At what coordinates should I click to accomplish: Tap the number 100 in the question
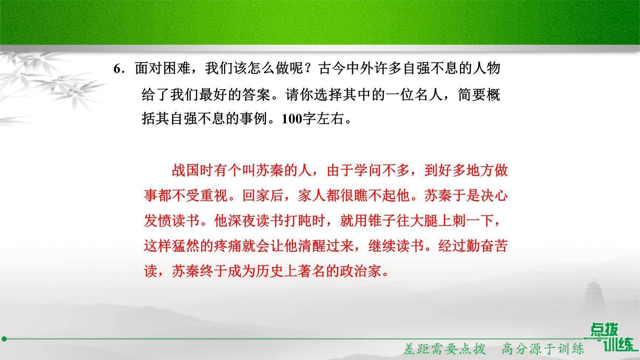(x=292, y=119)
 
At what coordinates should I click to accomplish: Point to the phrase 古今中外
(x=346, y=69)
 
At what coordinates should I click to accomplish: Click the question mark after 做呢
(x=311, y=69)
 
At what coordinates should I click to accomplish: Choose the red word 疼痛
(x=228, y=246)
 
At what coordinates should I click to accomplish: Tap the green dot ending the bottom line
(x=4, y=339)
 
